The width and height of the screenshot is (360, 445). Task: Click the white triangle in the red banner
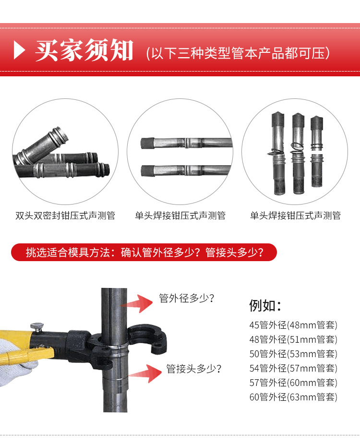(19, 50)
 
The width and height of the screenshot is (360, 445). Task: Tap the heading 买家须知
(84, 50)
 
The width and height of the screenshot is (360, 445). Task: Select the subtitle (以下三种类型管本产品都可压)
(238, 53)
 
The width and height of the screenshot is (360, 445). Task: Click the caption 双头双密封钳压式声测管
(65, 216)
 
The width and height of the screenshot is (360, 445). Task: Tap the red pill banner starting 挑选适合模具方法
(144, 252)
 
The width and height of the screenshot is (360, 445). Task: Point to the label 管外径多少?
(186, 298)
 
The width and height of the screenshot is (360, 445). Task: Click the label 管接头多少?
(194, 369)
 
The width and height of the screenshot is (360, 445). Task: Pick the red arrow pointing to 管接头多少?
(145, 373)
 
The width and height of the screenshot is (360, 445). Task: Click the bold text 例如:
(265, 306)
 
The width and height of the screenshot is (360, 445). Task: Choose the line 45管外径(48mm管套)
(293, 325)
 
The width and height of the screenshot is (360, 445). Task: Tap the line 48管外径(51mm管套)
(293, 339)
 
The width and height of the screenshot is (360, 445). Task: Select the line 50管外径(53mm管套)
(293, 354)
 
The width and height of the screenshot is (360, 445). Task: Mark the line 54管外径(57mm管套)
(293, 368)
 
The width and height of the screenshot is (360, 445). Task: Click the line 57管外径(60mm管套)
(293, 383)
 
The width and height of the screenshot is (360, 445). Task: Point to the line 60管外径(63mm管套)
(293, 397)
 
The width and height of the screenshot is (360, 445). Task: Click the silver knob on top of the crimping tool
(37, 326)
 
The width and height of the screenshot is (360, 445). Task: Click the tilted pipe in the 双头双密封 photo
(42, 145)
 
